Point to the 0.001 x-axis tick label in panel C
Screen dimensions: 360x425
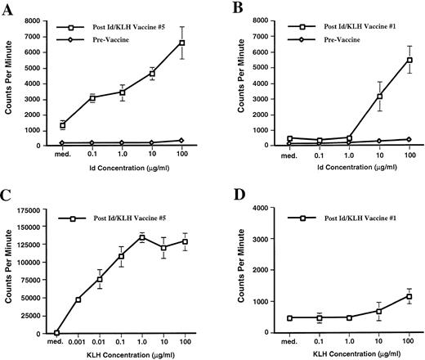point(78,343)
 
